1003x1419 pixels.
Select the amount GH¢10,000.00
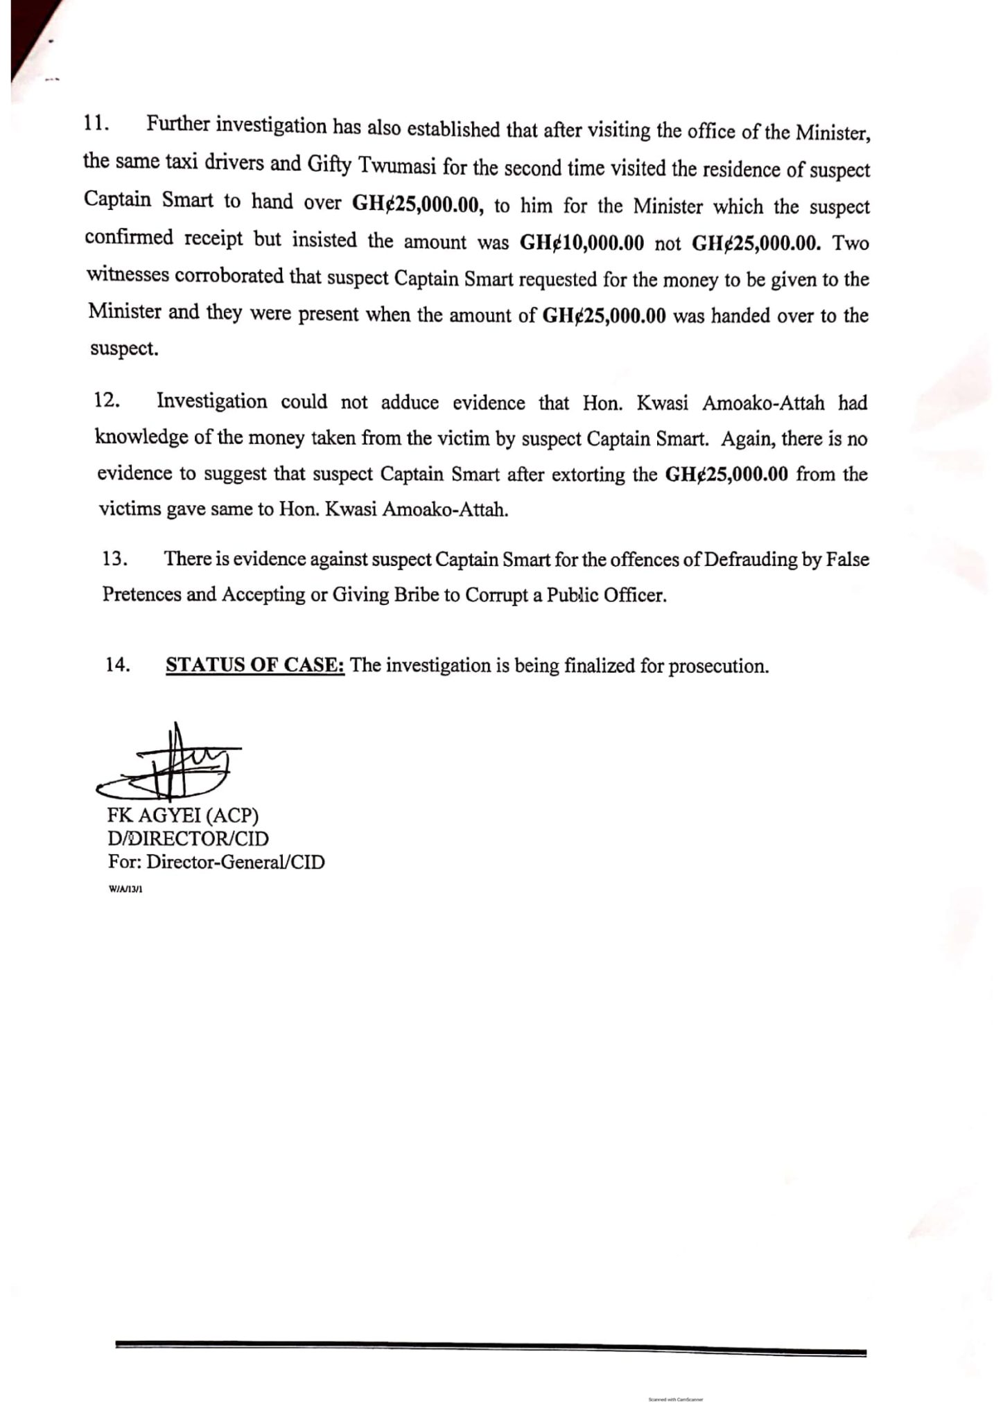pos(582,243)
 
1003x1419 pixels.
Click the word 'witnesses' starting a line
pos(128,275)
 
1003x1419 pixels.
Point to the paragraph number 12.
pos(107,400)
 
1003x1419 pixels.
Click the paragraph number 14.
pos(118,664)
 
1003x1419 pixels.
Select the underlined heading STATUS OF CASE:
pos(255,664)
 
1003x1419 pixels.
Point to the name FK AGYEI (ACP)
pos(183,816)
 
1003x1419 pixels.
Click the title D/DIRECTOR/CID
pos(188,839)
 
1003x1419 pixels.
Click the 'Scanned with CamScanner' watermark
pos(675,1399)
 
